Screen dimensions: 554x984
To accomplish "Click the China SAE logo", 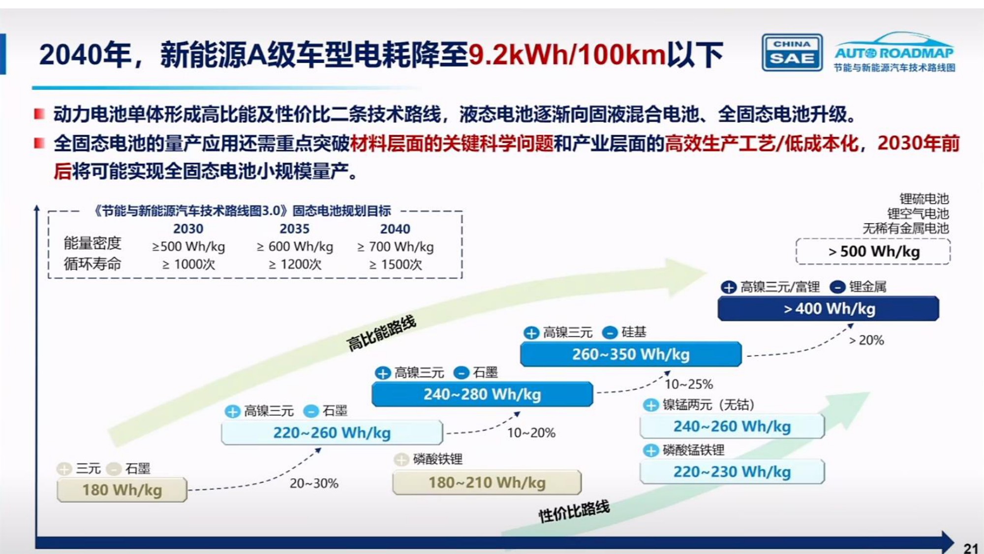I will click(x=792, y=53).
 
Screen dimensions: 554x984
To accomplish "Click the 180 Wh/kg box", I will click(x=122, y=490).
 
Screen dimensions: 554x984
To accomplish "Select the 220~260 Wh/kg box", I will click(x=332, y=433).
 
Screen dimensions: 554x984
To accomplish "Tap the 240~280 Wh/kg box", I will click(x=482, y=394).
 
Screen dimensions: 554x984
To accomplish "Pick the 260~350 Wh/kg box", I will click(x=631, y=355).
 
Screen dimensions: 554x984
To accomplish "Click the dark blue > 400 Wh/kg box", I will click(x=829, y=309).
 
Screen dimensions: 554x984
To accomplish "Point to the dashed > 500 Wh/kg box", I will click(x=873, y=252).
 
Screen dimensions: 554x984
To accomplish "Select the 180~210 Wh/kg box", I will click(x=487, y=483).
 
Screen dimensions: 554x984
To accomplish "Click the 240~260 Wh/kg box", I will click(x=732, y=426).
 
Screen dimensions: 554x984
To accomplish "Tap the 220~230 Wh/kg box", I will click(x=732, y=472).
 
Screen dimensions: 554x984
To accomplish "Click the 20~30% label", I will click(x=314, y=484).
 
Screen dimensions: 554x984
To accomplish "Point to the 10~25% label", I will click(x=689, y=384).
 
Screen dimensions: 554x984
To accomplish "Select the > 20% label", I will click(x=866, y=340).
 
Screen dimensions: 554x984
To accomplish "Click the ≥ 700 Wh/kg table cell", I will click(x=396, y=247).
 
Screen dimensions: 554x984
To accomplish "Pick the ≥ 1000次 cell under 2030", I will click(x=189, y=264).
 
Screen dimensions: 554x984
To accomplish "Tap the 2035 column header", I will click(x=294, y=229).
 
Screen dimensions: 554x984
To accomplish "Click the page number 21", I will click(x=970, y=548).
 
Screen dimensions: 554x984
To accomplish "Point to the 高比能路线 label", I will click(x=381, y=333).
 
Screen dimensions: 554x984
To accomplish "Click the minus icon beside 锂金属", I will click(x=837, y=287).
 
